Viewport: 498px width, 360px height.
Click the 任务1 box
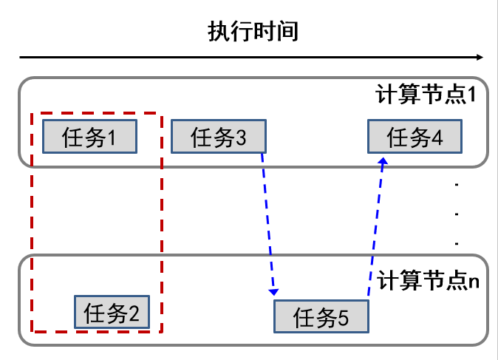(x=89, y=136)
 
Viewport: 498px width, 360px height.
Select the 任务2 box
(x=112, y=313)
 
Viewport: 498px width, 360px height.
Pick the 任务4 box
(x=415, y=137)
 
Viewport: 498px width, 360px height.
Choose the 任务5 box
(x=320, y=318)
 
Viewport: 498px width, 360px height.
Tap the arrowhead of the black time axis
(x=480, y=58)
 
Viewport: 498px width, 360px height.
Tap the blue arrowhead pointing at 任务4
(x=383, y=162)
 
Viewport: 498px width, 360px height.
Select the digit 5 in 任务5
(x=342, y=319)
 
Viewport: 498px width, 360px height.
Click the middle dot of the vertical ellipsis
(x=458, y=214)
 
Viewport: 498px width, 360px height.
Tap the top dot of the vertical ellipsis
(x=458, y=186)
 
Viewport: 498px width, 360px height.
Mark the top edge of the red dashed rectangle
(x=96, y=114)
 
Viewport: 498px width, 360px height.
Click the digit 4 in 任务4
(x=437, y=137)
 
